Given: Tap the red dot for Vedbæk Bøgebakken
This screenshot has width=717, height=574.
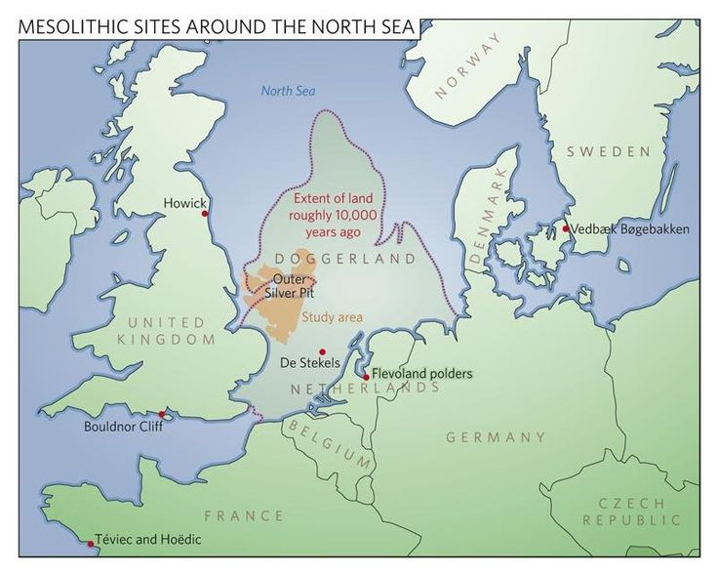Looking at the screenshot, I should point(565,229).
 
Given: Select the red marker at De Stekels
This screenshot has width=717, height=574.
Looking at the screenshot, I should point(322,351).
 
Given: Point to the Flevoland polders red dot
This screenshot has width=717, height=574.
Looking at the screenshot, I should point(366,376).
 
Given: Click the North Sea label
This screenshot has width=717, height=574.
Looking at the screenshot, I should point(289,93).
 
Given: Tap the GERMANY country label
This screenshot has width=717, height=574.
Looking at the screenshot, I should point(495,437).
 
